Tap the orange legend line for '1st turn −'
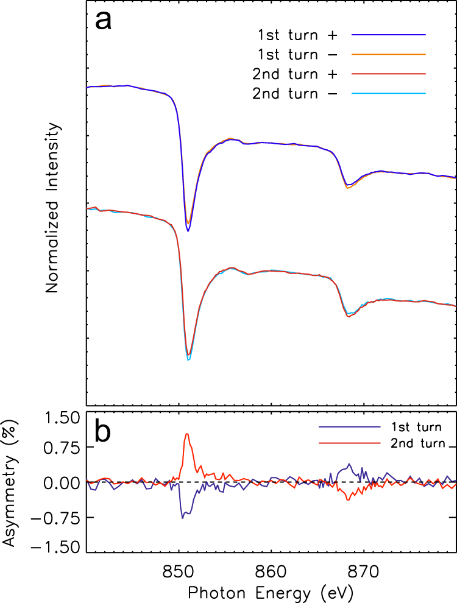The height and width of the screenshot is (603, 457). click(388, 54)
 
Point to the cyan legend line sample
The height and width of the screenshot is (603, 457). click(388, 94)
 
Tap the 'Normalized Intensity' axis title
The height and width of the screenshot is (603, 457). click(53, 207)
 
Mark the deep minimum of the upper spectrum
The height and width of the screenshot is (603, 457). click(188, 230)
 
